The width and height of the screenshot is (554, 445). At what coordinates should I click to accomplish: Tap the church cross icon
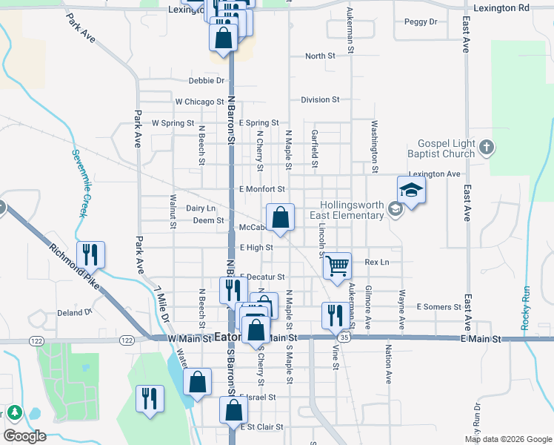coord(486,148)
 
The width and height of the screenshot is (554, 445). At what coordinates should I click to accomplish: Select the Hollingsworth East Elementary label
coord(353,211)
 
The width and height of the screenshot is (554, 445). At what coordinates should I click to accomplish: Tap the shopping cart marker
coord(337,266)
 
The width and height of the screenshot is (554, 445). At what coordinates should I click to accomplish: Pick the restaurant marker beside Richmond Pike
coord(90,255)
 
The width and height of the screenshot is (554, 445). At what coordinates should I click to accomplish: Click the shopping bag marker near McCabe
coord(280,218)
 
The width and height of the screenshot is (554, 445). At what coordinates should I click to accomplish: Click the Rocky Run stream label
coord(527,307)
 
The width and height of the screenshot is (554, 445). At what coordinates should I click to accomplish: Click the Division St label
coord(320,99)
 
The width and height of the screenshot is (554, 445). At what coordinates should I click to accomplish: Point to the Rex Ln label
coord(377,263)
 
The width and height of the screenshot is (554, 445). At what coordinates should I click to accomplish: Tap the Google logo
coord(24,435)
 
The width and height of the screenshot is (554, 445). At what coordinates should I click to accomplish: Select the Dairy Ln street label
coord(201,209)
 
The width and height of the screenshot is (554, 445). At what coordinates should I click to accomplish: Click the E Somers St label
coord(439,306)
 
